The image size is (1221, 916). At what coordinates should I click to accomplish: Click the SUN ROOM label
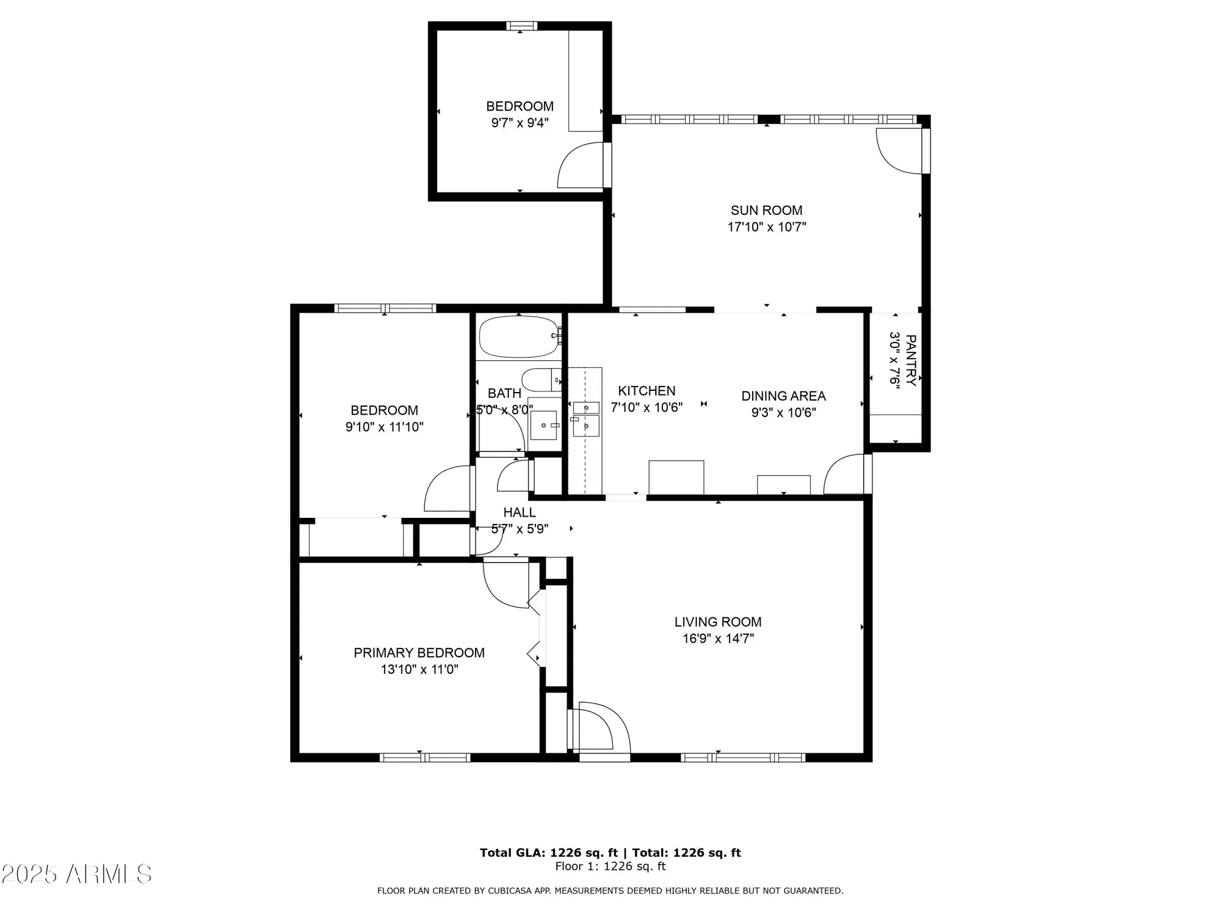766,211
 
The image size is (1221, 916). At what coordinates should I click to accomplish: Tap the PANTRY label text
910,360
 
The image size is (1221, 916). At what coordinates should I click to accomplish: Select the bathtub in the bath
518,336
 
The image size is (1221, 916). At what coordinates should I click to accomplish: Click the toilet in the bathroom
541,380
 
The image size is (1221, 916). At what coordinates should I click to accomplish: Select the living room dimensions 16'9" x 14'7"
718,639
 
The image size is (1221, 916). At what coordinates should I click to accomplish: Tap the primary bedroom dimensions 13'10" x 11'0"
419,669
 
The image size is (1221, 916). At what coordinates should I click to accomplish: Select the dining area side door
846,474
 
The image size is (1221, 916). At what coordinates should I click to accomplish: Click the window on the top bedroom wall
521,26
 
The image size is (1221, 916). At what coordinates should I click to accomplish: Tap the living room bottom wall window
743,757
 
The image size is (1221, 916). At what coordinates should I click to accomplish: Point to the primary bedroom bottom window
425,757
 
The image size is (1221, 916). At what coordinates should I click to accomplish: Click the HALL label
520,512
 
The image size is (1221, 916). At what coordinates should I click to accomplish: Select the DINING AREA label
783,396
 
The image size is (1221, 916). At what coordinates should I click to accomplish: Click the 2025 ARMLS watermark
76,874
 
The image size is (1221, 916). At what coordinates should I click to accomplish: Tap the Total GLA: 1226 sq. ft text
548,852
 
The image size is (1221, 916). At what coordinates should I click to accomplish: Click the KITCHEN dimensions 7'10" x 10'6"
647,407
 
